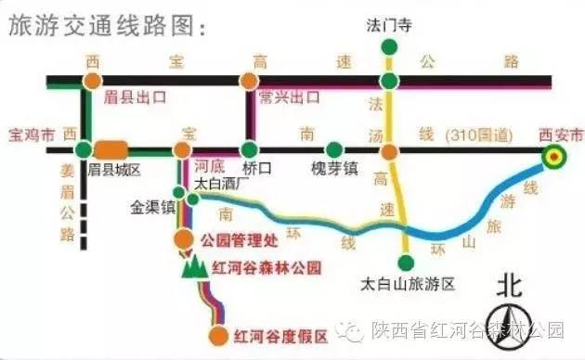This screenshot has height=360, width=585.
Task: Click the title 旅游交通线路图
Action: pyautogui.click(x=103, y=28)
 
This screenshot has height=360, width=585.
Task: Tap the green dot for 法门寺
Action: pyautogui.click(x=391, y=45)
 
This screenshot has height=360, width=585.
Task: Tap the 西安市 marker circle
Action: pyautogui.click(x=555, y=157)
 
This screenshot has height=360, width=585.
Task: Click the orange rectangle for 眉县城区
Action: pyautogui.click(x=110, y=149)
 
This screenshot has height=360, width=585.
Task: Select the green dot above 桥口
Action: pyautogui.click(x=249, y=149)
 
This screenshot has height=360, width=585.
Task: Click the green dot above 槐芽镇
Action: pyautogui.click(x=333, y=149)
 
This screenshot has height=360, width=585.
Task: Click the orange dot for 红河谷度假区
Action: pyautogui.click(x=218, y=335)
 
